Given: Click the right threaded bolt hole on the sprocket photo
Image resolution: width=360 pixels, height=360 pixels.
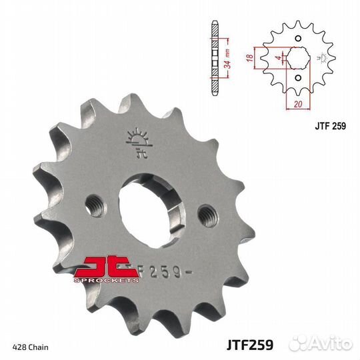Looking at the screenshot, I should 207,215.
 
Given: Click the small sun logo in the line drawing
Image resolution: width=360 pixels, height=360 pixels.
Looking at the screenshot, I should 325,59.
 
